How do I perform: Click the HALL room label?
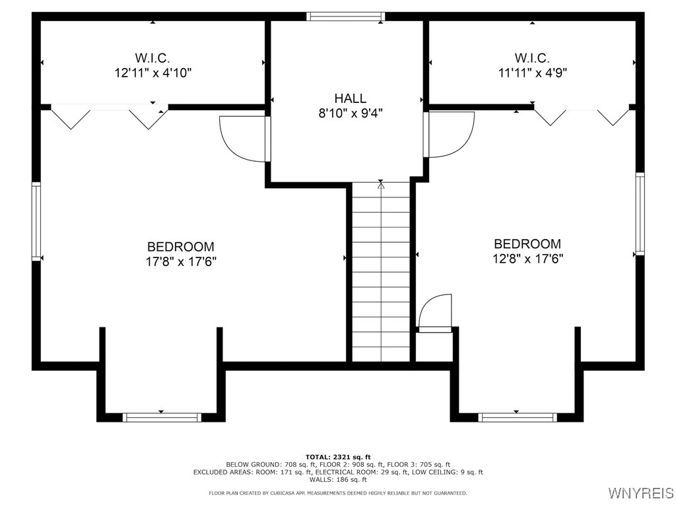tap(350, 98)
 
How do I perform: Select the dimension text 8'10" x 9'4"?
tap(350, 113)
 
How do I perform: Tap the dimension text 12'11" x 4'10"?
tap(153, 73)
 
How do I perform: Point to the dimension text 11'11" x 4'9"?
tap(532, 73)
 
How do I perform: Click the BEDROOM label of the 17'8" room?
tap(180, 246)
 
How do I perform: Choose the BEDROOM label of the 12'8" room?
tap(527, 244)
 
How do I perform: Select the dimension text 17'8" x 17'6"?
tap(180, 261)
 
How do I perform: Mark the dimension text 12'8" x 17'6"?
tap(527, 259)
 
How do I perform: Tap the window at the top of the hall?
tap(346, 17)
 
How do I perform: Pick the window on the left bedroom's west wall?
tap(36, 221)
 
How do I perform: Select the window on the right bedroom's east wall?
tap(640, 213)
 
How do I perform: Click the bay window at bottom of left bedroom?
tap(162, 417)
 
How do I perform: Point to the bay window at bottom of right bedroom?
tap(518, 417)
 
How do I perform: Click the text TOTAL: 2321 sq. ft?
tap(338, 457)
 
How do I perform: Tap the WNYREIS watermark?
tap(640, 493)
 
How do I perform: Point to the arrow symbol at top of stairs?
tap(381, 186)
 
